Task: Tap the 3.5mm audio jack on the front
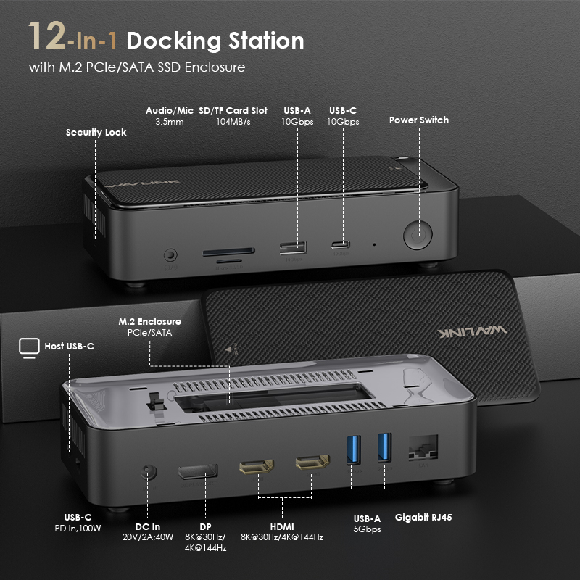click(171, 254)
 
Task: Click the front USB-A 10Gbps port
click(293, 246)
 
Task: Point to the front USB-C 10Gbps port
click(341, 244)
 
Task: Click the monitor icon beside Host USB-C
click(28, 347)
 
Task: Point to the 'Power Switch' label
click(419, 120)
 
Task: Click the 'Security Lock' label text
click(96, 133)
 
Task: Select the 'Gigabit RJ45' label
click(424, 518)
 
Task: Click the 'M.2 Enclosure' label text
click(149, 321)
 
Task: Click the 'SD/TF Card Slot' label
click(233, 111)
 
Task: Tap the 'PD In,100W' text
click(77, 528)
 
